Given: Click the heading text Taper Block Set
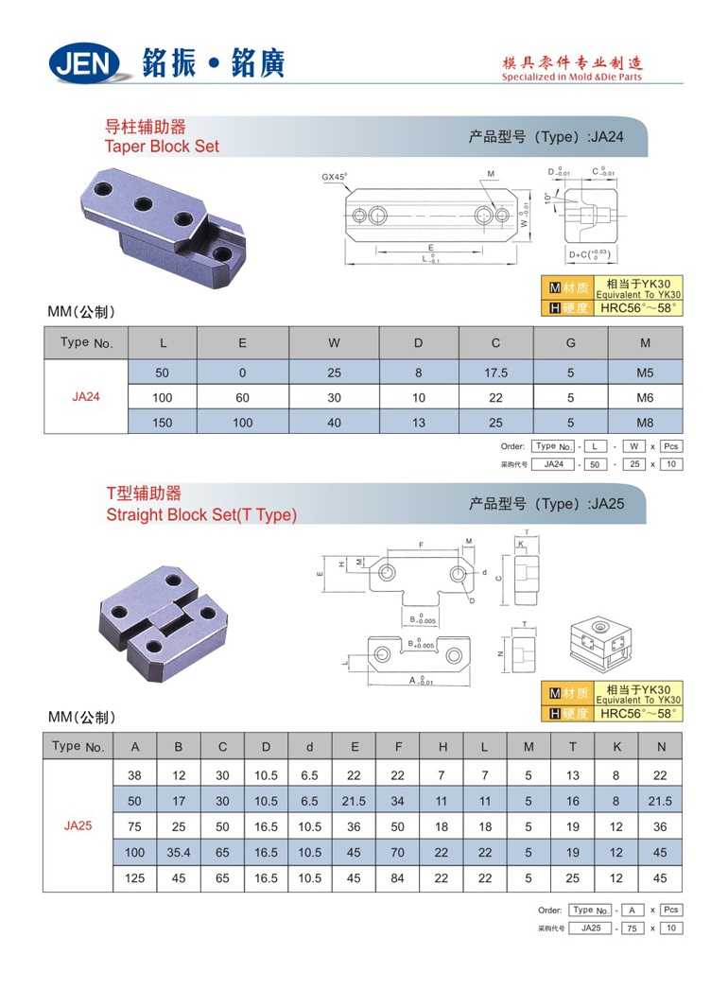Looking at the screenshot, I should pyautogui.click(x=162, y=147).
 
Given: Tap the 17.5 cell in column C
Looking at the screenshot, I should pyautogui.click(x=495, y=373).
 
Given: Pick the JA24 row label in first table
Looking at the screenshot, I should pyautogui.click(x=86, y=397).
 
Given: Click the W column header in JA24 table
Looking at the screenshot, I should pyautogui.click(x=334, y=343).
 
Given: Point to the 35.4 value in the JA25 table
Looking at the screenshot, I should pyautogui.click(x=179, y=852).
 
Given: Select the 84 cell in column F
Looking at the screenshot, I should pyautogui.click(x=397, y=878).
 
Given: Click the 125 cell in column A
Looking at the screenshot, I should pyautogui.click(x=135, y=878).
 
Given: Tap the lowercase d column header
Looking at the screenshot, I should pyautogui.click(x=309, y=747).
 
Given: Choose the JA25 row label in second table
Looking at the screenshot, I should pyautogui.click(x=78, y=825).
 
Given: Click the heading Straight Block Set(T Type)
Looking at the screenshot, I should pyautogui.click(x=201, y=515).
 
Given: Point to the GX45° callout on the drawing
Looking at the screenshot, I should pyautogui.click(x=335, y=177).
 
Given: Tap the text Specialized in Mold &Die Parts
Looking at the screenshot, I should pyautogui.click(x=572, y=78).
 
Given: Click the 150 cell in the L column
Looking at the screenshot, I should pyautogui.click(x=163, y=423).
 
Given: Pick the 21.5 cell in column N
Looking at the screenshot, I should pyautogui.click(x=661, y=801).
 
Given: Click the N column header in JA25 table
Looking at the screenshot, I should pyautogui.click(x=661, y=747).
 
